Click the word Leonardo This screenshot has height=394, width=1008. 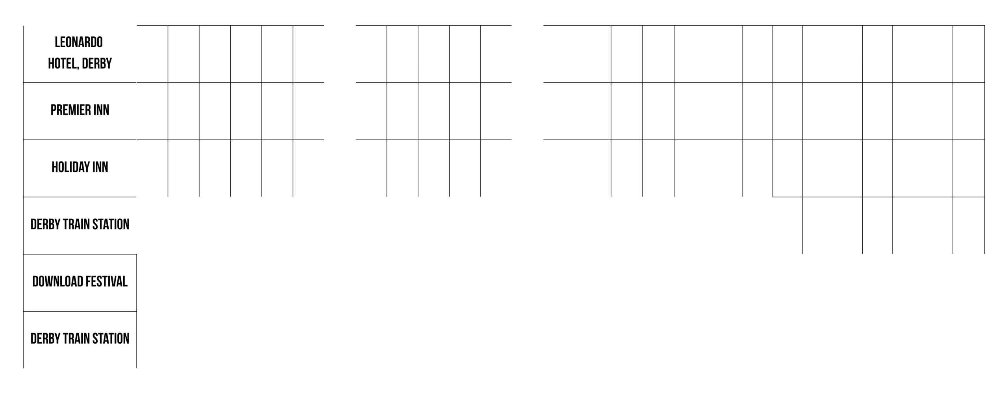point(79,42)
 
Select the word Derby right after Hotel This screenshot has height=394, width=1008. point(97,63)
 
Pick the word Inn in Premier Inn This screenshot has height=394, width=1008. point(101,110)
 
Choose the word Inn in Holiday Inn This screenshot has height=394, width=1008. point(100,167)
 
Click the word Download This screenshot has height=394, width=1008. point(58,282)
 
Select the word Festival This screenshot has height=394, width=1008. point(106,282)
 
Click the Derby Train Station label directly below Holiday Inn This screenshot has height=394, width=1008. point(80,225)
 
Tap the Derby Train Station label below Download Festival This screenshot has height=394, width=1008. point(80,339)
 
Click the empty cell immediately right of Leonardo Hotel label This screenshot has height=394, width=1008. point(152,54)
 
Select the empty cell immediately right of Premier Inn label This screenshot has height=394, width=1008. point(152,111)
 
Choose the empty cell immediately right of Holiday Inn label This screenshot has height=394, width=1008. point(152,168)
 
